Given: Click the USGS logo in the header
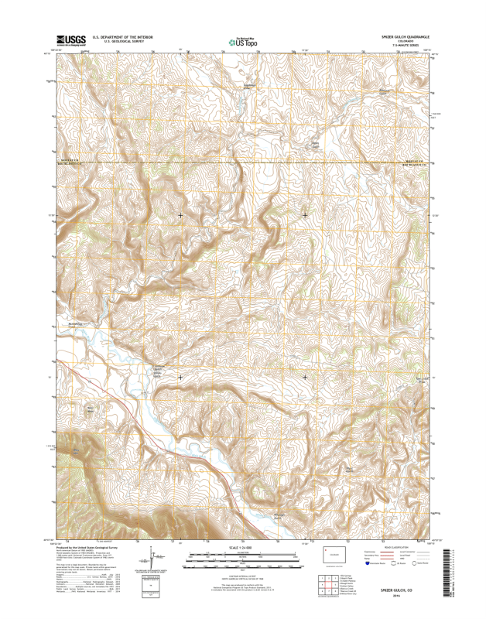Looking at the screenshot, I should (x=70, y=38).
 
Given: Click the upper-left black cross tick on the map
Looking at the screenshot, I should (x=181, y=215).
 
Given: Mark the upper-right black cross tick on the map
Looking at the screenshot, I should (x=305, y=215).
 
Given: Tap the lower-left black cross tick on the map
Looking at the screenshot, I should (x=181, y=378).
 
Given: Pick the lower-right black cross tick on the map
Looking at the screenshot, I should (x=305, y=378).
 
